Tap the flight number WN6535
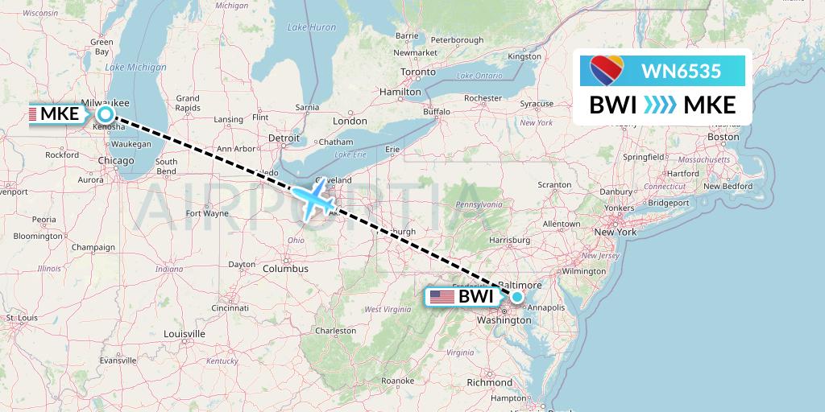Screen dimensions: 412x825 [x=681, y=72]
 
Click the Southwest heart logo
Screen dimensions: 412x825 [x=607, y=70]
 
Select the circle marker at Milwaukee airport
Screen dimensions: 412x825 [x=105, y=113]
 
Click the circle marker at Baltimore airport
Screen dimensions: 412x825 [x=517, y=297]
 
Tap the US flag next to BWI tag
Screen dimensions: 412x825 [x=442, y=297]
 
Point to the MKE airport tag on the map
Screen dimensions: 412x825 [x=59, y=113]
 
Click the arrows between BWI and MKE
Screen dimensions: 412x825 [x=660, y=105]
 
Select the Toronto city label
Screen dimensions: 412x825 [x=417, y=72]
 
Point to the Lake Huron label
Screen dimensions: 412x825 [x=312, y=27]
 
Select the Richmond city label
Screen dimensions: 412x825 [x=488, y=382]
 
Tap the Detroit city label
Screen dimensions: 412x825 [x=284, y=138]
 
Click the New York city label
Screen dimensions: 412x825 [x=615, y=232]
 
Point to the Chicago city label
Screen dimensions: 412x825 [x=115, y=161]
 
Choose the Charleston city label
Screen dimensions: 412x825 [x=335, y=331]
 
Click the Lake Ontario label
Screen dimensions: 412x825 [x=475, y=76]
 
